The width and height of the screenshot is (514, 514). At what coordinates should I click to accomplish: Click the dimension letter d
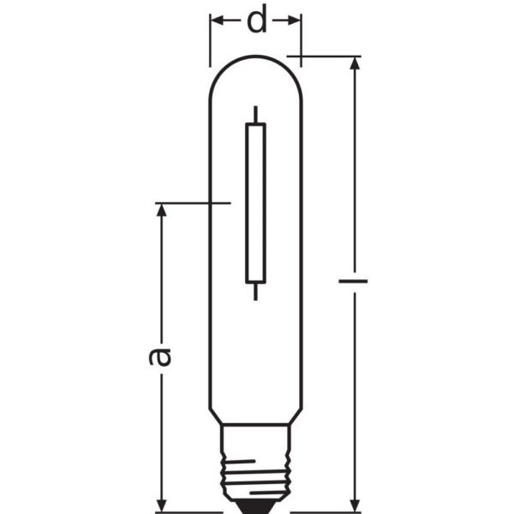(256, 21)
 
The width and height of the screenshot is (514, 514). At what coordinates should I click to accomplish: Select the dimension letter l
(354, 280)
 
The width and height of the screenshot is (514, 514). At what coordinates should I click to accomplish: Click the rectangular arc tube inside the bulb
(255, 202)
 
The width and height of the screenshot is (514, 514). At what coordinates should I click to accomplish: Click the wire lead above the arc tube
(255, 114)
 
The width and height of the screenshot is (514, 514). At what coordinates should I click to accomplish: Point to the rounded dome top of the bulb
(255, 64)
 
